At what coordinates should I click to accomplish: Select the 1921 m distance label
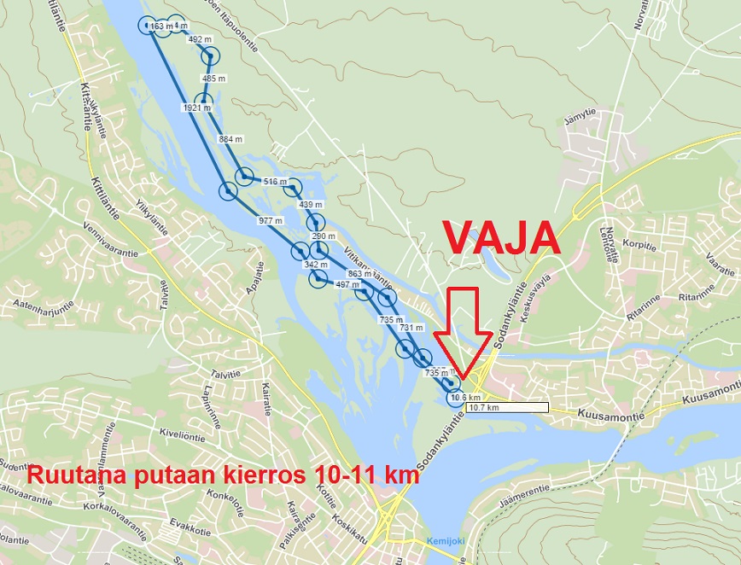[196, 108]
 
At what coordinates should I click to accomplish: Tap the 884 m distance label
[230, 139]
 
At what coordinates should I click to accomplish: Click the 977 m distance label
[270, 220]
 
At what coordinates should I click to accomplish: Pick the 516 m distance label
[275, 182]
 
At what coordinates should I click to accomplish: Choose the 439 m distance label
[310, 205]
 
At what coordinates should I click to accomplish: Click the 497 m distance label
[347, 285]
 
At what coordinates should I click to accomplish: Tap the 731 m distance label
[411, 328]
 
